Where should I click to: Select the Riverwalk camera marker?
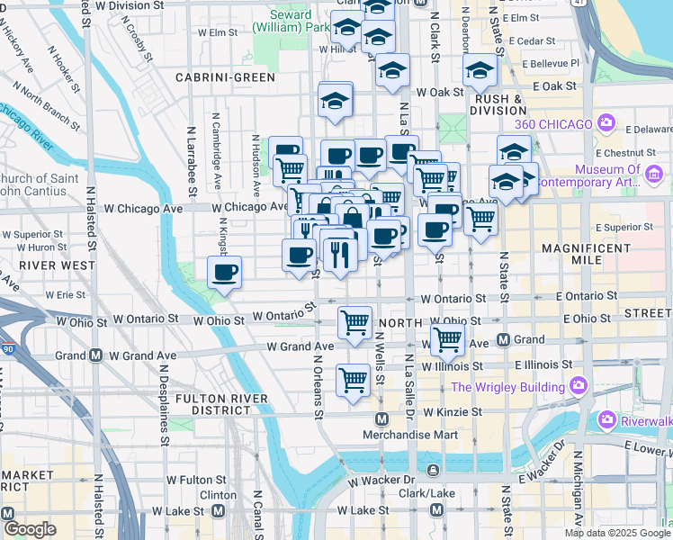(607, 419)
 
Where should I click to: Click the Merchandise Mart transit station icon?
(381, 419)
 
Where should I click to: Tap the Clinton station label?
(218, 495)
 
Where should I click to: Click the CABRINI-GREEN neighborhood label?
(225, 77)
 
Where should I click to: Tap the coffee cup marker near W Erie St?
(224, 270)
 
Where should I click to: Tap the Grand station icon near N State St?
(504, 339)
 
